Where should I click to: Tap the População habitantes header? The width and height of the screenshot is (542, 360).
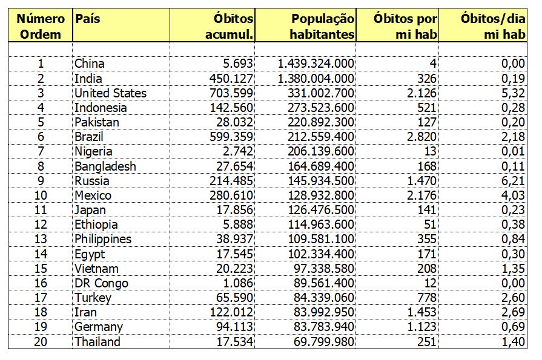pos(322,27)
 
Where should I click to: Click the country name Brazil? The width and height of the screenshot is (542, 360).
pos(91,137)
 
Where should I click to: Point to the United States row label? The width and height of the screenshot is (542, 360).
pos(110,93)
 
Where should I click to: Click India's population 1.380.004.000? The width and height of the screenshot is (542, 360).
pos(317,79)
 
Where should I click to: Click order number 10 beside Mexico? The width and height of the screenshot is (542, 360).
pos(41,195)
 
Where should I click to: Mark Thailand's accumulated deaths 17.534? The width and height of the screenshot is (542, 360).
pos(233,342)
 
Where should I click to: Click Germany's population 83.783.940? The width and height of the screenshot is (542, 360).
pos(322,327)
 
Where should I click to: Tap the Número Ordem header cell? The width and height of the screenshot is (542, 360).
pos(41,27)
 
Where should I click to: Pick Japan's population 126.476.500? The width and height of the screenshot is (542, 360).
pos(319,210)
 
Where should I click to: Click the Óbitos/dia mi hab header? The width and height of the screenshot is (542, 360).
pos(491,27)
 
